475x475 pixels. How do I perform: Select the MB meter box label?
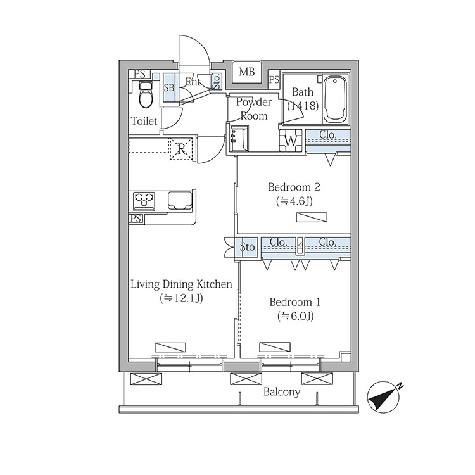point(246,72)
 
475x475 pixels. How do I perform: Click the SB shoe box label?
point(169,87)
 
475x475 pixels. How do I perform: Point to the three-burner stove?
point(144,201)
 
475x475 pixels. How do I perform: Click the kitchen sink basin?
point(180,200)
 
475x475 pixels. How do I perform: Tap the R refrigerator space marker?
point(181,149)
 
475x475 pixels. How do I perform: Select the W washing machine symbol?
point(291,141)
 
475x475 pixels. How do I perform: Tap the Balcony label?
point(281,392)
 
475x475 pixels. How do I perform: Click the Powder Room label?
point(253,109)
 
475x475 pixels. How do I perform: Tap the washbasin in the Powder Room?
point(239,139)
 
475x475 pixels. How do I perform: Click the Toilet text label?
point(144,121)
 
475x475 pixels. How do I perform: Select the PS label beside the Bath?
point(274,79)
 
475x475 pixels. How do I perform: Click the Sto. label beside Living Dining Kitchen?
point(248,247)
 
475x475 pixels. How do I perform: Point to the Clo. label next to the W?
point(328,134)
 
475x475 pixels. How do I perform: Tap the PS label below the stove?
point(136,218)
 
